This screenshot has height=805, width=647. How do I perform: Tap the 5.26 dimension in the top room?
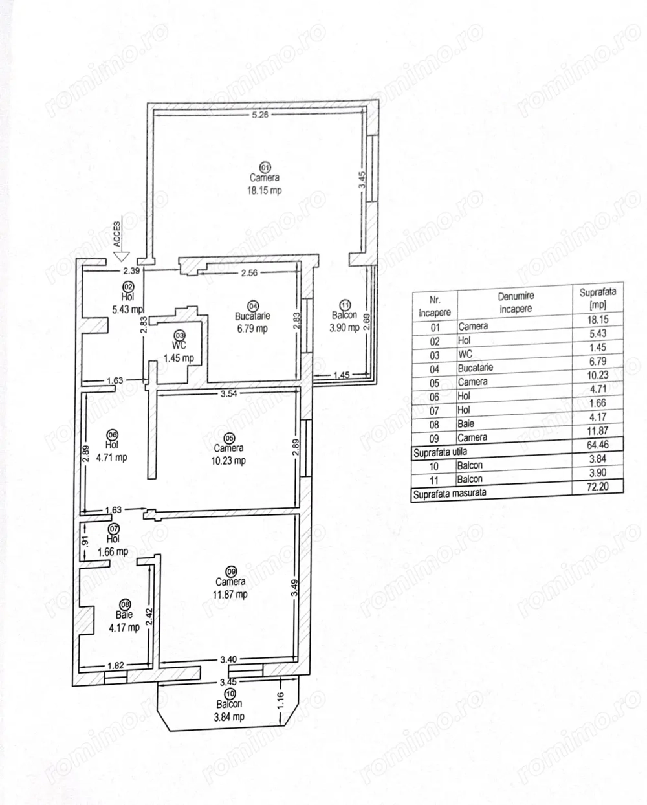[x=261, y=115]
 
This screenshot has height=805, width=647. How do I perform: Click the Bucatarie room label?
[x=252, y=316]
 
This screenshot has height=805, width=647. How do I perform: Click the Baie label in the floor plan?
[x=124, y=615]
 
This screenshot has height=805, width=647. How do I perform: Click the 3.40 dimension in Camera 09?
[x=228, y=660]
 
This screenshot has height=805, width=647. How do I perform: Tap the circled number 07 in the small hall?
[x=113, y=529]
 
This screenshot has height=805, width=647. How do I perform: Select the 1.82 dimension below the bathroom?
[x=115, y=665]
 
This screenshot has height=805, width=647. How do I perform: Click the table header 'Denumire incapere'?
[x=516, y=302]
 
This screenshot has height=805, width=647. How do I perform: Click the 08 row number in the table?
[x=434, y=425]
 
